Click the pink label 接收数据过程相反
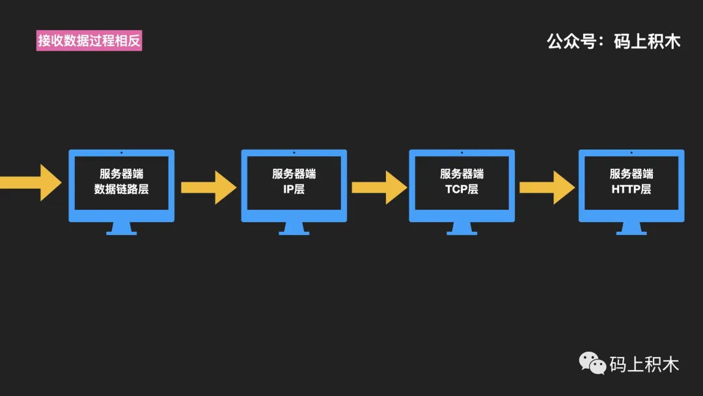click(x=89, y=41)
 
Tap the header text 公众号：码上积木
click(x=613, y=42)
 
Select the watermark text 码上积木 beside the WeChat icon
click(x=644, y=364)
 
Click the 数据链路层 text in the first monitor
click(x=122, y=190)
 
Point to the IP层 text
click(x=294, y=190)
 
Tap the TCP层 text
click(x=462, y=190)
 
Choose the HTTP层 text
click(x=631, y=190)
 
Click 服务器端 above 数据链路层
click(x=122, y=174)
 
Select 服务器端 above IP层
click(x=294, y=174)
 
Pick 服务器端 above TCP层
click(x=462, y=174)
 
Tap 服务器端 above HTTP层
click(x=631, y=174)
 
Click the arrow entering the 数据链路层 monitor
click(x=29, y=182)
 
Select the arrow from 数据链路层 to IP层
click(x=208, y=187)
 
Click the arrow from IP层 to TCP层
click(x=379, y=187)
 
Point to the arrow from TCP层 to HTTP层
click(x=547, y=187)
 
